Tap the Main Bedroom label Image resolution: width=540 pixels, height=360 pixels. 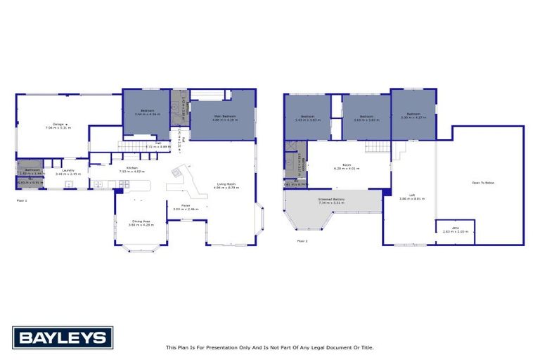pos(224,117)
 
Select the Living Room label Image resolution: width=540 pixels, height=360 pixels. pos(227,185)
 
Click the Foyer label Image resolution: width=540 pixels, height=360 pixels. pos(186,206)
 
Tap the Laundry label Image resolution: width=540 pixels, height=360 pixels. pos(68,170)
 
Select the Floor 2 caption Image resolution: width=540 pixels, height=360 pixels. pos(302,240)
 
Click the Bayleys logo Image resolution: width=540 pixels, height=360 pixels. pos(62,337)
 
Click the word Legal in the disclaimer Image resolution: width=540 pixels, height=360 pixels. pos(316,347)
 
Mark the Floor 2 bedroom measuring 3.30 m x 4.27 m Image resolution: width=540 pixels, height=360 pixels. pos(413,115)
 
